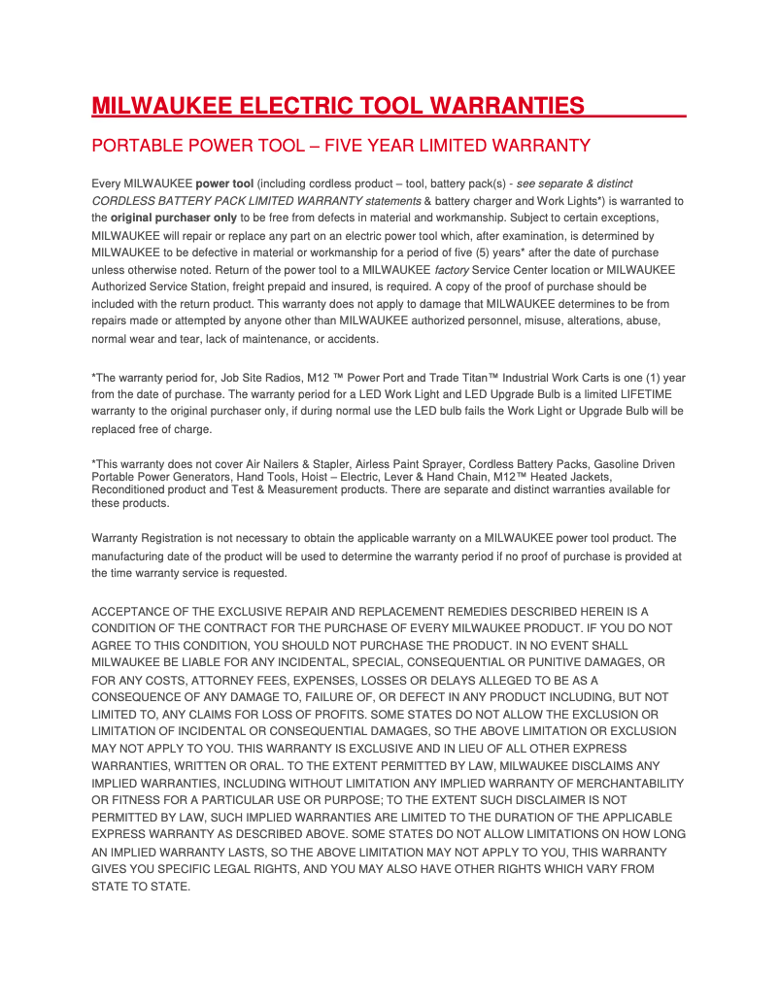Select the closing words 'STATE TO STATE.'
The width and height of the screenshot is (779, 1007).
coord(140,886)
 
